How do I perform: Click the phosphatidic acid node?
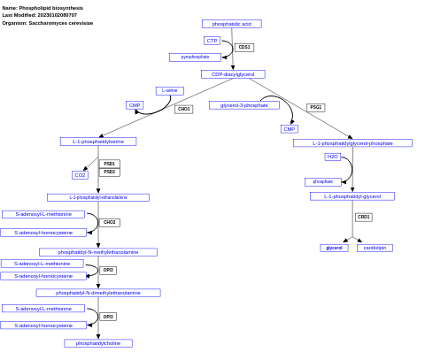[231, 24]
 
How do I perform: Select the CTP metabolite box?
[212, 41]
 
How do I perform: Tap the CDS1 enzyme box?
[244, 48]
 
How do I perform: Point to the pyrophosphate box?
[195, 57]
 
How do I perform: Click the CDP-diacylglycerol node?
[233, 74]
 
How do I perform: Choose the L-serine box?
[169, 90]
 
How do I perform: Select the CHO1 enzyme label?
[183, 110]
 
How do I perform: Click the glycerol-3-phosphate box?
[243, 105]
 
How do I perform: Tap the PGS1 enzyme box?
[315, 108]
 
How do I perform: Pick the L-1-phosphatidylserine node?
[98, 142]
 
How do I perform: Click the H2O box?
[332, 157]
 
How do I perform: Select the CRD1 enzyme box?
[364, 217]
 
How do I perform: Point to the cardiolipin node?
[375, 248]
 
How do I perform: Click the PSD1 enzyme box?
[109, 164]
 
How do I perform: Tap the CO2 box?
[80, 175]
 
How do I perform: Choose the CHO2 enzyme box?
[109, 223]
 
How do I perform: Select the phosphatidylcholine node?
[98, 343]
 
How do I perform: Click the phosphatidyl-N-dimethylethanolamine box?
[98, 293]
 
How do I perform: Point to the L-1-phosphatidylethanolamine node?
[98, 197]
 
